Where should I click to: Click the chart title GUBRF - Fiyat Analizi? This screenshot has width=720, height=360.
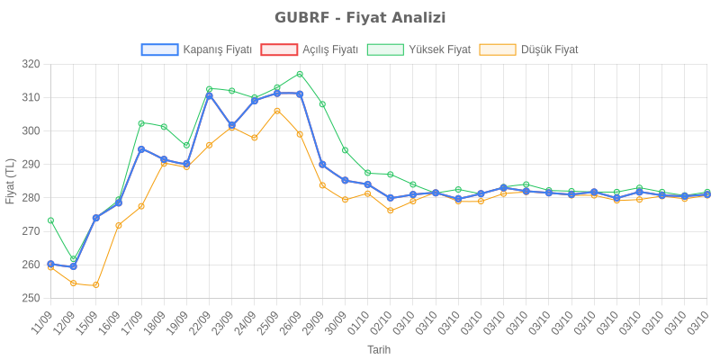[x=360, y=18]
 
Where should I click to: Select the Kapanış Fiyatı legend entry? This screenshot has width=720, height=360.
[x=196, y=49]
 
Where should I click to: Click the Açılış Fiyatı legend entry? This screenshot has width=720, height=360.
[x=310, y=49]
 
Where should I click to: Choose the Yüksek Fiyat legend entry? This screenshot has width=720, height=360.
[x=419, y=49]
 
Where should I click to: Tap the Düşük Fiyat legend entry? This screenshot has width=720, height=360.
[x=529, y=49]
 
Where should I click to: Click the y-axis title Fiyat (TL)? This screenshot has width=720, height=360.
[x=11, y=180]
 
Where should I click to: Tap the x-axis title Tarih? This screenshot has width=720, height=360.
[x=378, y=348]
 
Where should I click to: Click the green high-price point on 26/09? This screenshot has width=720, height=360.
[x=300, y=74]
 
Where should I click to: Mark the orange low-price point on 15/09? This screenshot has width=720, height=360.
[x=96, y=285]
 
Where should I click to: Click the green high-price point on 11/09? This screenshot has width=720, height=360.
[x=50, y=220]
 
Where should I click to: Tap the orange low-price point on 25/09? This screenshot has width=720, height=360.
[x=277, y=111]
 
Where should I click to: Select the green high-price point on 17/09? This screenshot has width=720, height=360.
[x=141, y=123]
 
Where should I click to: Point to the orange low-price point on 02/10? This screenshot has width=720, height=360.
[x=391, y=211]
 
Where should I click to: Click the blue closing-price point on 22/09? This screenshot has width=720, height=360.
[x=209, y=95]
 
